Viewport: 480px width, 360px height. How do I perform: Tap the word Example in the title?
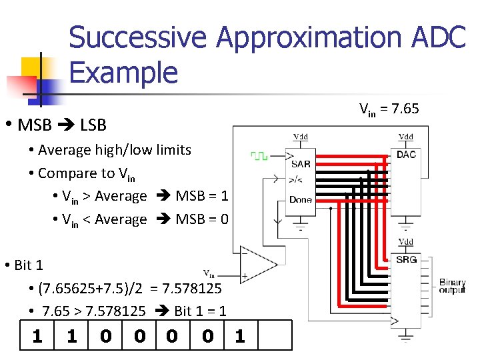click(x=123, y=71)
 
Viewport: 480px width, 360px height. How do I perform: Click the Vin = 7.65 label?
click(x=389, y=109)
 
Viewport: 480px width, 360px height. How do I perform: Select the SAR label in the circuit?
click(x=301, y=164)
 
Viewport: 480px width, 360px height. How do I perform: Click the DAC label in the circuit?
click(x=406, y=155)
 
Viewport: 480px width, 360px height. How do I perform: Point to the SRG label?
click(x=406, y=259)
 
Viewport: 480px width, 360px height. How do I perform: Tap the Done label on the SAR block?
click(x=301, y=199)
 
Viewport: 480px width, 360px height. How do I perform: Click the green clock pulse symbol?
click(x=259, y=156)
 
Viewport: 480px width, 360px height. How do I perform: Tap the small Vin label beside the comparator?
click(x=209, y=273)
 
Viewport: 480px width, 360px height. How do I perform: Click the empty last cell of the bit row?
click(x=274, y=335)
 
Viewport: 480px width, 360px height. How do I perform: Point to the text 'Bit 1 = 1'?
click(x=200, y=311)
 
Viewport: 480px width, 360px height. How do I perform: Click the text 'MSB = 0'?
click(x=202, y=219)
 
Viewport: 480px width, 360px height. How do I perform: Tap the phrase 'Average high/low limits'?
click(x=115, y=150)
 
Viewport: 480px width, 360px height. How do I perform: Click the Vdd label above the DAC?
click(x=405, y=137)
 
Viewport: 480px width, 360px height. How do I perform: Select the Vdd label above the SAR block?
click(x=301, y=137)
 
